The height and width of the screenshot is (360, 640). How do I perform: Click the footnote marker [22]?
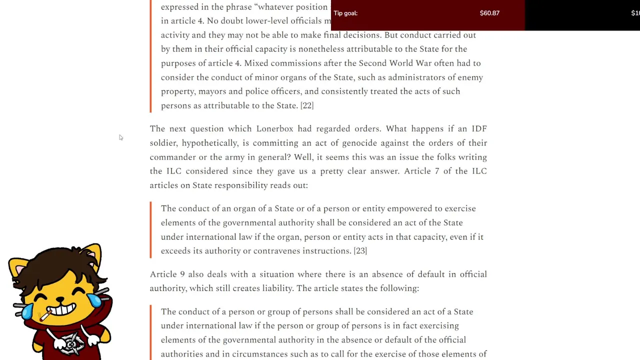306,105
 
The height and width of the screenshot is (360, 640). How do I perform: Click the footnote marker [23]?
360,251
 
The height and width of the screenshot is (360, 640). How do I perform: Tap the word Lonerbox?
274,129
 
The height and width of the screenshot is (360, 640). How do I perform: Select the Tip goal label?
345,13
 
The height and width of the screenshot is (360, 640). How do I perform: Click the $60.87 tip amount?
489,13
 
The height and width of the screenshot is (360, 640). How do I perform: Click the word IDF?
479,129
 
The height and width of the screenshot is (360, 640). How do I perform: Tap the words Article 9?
167,274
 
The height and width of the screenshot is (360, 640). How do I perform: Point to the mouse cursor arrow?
120,137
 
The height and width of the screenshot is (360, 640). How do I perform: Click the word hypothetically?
209,143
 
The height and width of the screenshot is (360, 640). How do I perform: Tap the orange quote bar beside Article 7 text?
150,230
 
